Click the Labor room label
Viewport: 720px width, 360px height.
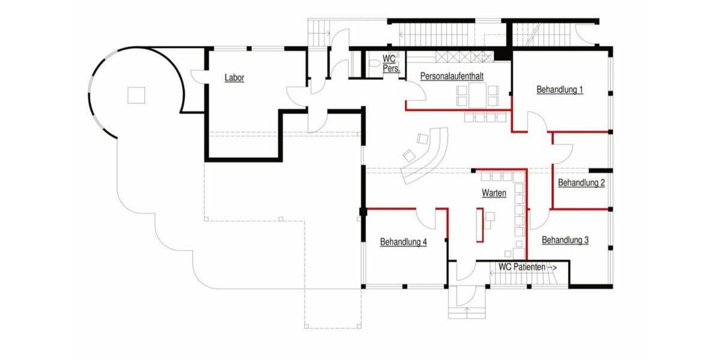(x=234, y=77)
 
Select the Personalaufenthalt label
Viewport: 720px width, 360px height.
(x=452, y=77)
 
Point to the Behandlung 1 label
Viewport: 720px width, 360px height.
(x=560, y=89)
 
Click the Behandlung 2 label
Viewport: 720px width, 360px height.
(x=581, y=183)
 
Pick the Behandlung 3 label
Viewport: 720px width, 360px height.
(x=565, y=240)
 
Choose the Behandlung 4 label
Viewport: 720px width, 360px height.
(x=403, y=242)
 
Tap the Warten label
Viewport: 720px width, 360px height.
(x=494, y=193)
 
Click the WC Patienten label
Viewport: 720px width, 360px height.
(x=522, y=266)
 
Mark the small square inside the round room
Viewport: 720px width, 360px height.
(x=136, y=95)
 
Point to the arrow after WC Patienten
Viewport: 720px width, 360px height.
(x=553, y=266)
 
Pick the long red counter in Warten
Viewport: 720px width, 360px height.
(x=480, y=224)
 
